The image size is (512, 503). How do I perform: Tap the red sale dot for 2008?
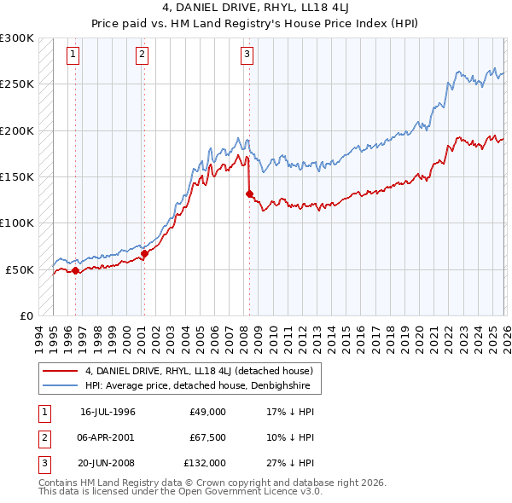[x=249, y=194]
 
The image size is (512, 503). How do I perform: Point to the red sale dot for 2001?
[x=145, y=253]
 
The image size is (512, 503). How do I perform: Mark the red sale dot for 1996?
[x=75, y=270]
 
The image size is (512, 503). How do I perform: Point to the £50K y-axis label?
[x=20, y=269]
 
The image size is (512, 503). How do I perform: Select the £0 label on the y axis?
[x=26, y=315]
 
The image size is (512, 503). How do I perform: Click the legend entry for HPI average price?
[x=201, y=386]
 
